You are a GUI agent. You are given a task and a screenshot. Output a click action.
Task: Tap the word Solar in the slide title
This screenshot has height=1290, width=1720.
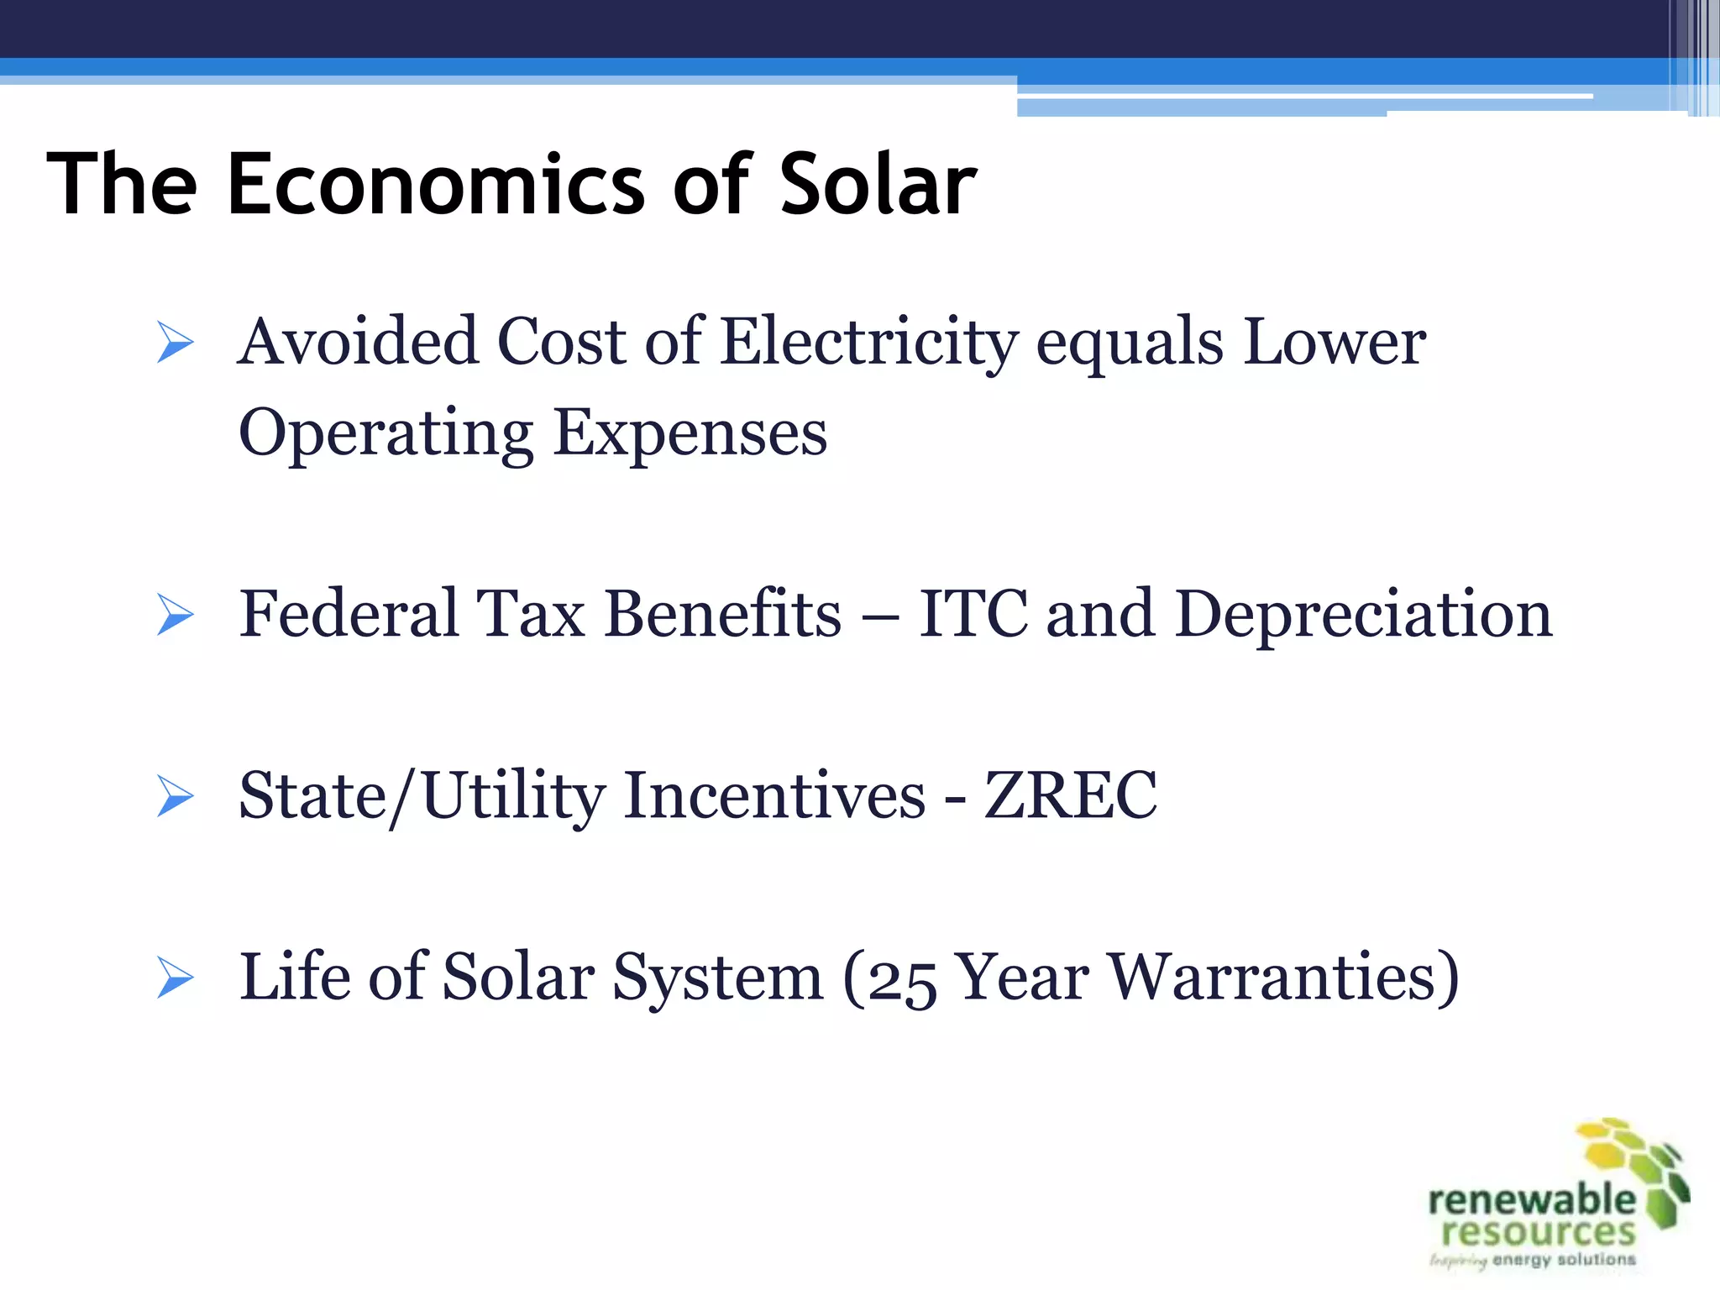[878, 184]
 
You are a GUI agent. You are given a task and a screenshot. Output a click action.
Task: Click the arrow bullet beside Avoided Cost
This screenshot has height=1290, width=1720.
[175, 343]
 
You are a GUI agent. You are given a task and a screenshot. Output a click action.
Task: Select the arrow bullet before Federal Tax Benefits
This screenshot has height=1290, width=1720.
[175, 615]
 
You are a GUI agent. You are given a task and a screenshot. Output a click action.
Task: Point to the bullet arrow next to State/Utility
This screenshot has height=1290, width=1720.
[175, 796]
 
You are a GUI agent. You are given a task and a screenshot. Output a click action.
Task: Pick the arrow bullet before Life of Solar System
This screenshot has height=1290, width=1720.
[175, 978]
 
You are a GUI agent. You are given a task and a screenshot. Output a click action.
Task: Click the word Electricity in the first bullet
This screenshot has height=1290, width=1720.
[869, 343]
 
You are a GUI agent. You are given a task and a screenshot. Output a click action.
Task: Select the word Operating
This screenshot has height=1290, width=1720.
[385, 433]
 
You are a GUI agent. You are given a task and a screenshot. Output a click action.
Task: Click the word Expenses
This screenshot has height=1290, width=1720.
[690, 433]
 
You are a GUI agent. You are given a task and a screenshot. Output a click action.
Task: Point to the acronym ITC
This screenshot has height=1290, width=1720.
[973, 614]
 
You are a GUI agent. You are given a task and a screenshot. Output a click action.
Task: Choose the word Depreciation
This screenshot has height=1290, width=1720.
[1363, 614]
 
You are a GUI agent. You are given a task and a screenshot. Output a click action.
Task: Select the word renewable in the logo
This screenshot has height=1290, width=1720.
[1531, 1199]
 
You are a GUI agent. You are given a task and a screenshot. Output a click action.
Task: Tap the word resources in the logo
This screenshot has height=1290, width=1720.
[1539, 1232]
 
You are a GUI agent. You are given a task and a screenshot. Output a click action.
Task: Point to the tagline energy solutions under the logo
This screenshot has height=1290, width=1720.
[1564, 1260]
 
